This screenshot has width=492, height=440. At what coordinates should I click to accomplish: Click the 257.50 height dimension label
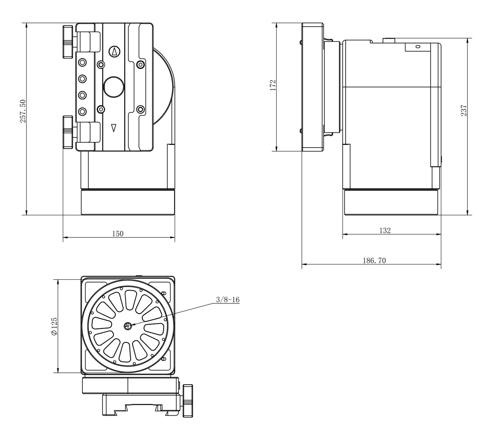tap(23, 111)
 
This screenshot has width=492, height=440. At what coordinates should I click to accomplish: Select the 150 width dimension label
tap(118, 234)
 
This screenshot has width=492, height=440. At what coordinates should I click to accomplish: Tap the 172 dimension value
tap(273, 85)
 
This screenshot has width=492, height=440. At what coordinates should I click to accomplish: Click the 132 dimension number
tap(385, 230)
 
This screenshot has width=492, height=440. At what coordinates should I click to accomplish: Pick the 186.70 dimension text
tap(374, 260)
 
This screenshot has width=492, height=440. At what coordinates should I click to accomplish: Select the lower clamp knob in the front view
tap(68, 132)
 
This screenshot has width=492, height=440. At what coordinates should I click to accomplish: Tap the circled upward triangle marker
tap(114, 52)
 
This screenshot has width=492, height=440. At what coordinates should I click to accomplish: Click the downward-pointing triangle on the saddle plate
tap(114, 128)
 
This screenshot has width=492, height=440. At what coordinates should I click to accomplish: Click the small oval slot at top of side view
tap(417, 47)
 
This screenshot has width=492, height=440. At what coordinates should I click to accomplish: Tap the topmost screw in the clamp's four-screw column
tap(82, 62)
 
